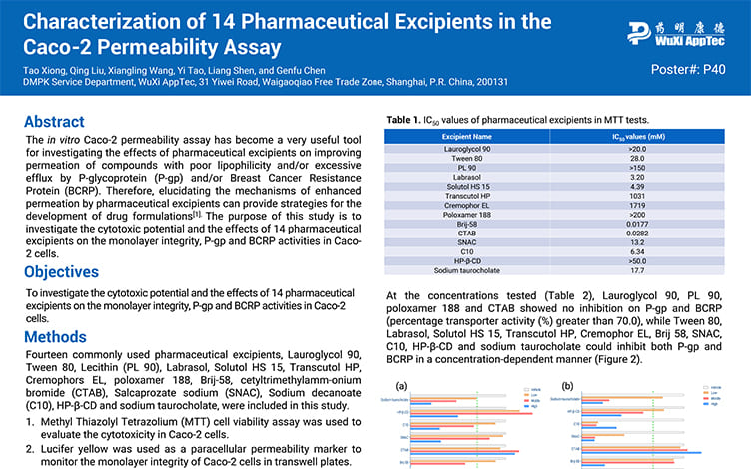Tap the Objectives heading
(x=62, y=272)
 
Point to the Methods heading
(x=59, y=336)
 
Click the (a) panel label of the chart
(x=403, y=385)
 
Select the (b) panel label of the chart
(x=567, y=385)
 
